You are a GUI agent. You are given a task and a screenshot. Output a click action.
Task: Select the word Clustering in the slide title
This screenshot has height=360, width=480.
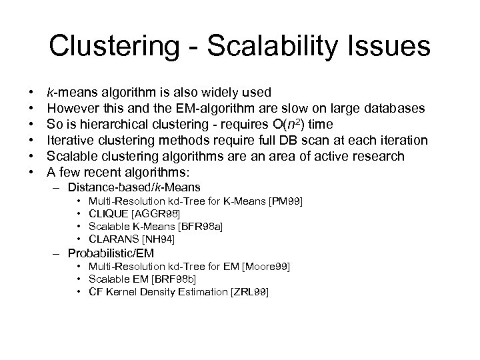(x=107, y=46)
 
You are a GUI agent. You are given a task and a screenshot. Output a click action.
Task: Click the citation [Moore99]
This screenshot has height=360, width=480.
(x=268, y=267)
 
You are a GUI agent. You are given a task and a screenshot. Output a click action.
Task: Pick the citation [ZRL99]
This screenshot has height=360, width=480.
(x=248, y=293)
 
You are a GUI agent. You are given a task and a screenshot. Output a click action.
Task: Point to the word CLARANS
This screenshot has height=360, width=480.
(x=112, y=239)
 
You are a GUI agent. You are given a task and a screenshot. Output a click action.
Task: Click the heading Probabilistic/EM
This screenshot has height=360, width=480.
(x=111, y=253)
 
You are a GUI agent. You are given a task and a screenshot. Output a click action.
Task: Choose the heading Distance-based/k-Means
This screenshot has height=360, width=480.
(x=134, y=187)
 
